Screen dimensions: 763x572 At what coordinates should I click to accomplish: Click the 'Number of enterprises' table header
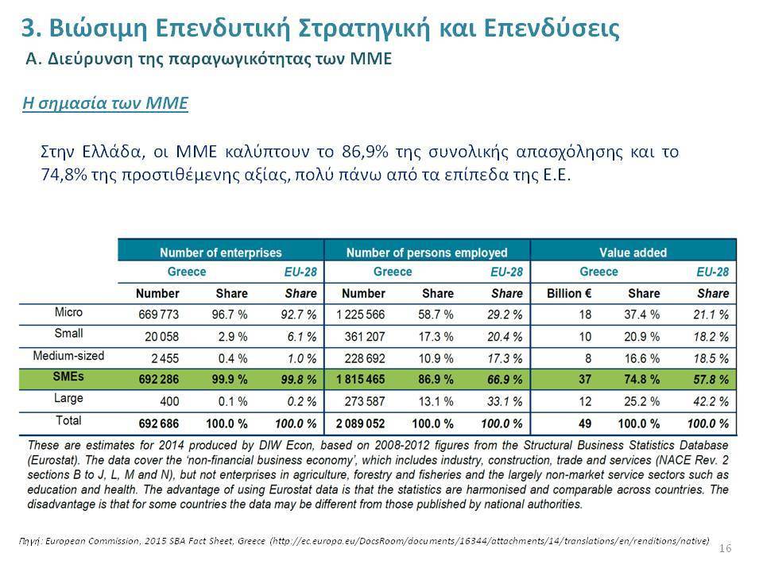pos(220,253)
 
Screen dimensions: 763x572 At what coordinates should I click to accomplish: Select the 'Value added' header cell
pos(633,253)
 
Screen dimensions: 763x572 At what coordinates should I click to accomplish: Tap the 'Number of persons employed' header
pos(427,253)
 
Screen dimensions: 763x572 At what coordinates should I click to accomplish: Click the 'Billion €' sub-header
pos(569,293)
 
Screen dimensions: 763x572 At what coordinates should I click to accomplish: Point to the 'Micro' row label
pos(68,311)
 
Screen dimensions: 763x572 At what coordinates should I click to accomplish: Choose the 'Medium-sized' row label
pos(68,356)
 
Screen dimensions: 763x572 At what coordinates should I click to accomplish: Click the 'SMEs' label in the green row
pos(68,377)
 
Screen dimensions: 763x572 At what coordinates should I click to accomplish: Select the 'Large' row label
pos(68,398)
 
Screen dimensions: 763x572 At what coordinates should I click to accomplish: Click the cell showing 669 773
pos(159,315)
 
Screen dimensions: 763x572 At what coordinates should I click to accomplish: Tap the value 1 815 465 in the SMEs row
pos(360,379)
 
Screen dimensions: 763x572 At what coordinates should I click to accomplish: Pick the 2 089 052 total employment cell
pos(360,423)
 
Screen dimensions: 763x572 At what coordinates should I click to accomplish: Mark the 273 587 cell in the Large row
pos(365,402)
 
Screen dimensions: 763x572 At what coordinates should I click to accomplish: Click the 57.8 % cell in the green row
pos(711,379)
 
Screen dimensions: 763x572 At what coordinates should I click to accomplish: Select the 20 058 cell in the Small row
pos(161,337)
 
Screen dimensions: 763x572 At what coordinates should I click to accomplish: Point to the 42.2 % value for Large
pos(711,402)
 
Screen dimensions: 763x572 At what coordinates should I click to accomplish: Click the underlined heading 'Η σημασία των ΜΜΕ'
pos(105,103)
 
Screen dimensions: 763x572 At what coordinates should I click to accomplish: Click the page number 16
pos(725,548)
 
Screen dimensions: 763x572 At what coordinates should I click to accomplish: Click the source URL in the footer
pos(490,541)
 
